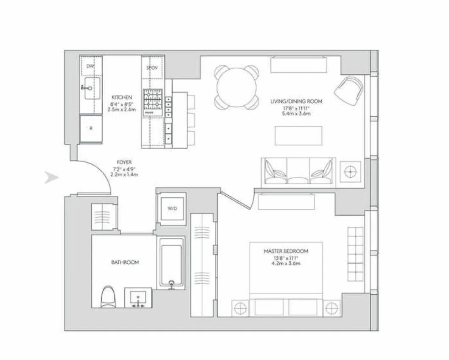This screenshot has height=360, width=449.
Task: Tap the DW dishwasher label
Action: (x=90, y=66)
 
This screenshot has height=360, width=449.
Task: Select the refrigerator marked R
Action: (x=91, y=128)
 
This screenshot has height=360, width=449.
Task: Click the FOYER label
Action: (x=124, y=162)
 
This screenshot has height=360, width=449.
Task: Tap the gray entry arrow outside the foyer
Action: (x=51, y=178)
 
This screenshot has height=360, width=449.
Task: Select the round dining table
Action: (x=236, y=87)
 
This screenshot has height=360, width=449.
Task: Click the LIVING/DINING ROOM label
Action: (x=296, y=101)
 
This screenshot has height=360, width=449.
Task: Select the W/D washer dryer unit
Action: (x=171, y=208)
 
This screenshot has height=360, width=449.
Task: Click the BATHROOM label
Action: (x=125, y=262)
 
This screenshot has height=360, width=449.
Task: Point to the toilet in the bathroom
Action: (x=108, y=296)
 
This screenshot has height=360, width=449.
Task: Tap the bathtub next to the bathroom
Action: (x=171, y=263)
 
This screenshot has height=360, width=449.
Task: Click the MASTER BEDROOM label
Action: (x=286, y=251)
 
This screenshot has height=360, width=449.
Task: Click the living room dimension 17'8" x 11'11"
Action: (x=296, y=108)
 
